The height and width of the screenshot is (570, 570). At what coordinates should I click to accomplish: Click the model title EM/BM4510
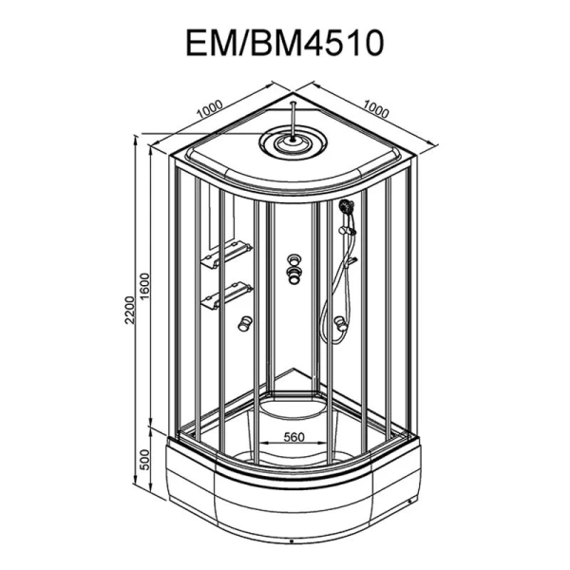point(285,43)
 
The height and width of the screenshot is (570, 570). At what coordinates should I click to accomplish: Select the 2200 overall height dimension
point(130,310)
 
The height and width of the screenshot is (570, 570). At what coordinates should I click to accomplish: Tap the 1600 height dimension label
point(144,287)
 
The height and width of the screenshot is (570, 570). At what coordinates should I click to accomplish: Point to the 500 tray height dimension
point(144,460)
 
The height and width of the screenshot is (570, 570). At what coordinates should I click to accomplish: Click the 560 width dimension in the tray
point(294,437)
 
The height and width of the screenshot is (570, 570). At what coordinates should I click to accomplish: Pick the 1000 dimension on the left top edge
point(210,109)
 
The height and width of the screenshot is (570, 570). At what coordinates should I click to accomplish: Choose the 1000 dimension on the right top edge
point(375,108)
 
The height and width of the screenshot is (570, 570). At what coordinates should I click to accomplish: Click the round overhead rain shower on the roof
point(293,142)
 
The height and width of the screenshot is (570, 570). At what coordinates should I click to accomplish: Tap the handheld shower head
point(346,207)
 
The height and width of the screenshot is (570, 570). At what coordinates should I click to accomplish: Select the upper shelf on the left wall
point(226,255)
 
